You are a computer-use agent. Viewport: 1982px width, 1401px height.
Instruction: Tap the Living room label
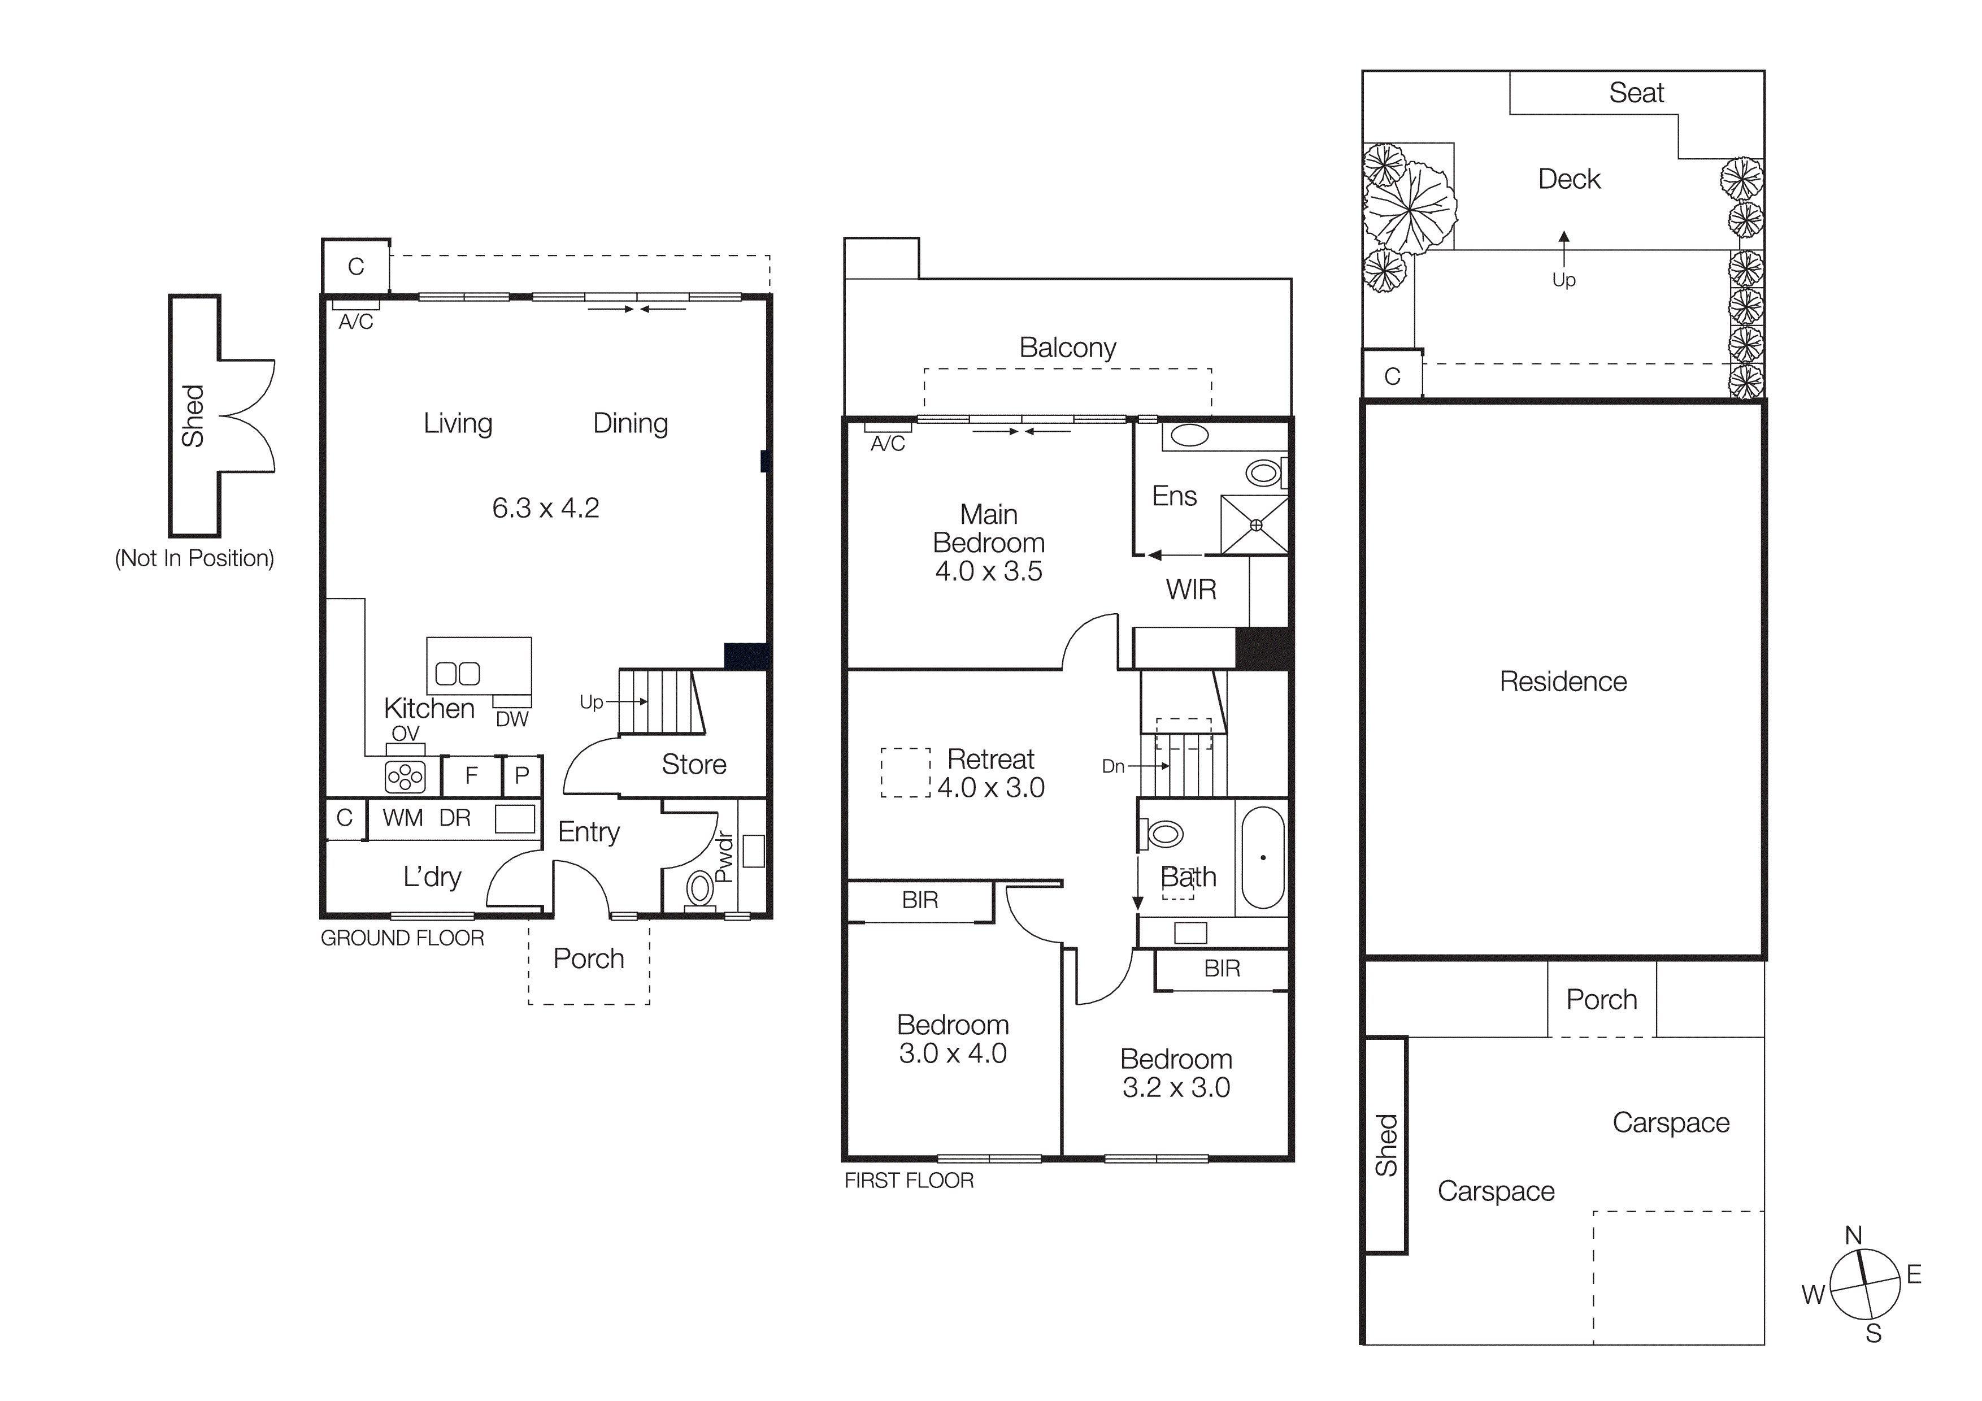click(x=458, y=423)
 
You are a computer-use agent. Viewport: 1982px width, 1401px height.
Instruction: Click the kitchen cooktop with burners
click(x=405, y=777)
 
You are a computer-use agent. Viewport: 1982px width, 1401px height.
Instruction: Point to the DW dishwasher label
click(x=512, y=719)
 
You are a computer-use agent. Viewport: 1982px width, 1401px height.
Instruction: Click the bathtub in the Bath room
click(x=1263, y=857)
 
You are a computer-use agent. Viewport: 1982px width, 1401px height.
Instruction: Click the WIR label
click(x=1190, y=589)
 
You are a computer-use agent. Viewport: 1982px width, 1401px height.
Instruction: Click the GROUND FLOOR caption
click(x=402, y=938)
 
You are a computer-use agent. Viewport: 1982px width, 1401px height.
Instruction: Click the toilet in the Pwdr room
click(x=700, y=887)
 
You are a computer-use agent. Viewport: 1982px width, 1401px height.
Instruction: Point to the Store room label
click(x=693, y=764)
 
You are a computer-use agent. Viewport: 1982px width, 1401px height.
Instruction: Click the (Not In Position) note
click(x=194, y=558)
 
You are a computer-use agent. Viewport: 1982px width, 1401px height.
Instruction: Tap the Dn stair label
click(x=1112, y=766)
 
